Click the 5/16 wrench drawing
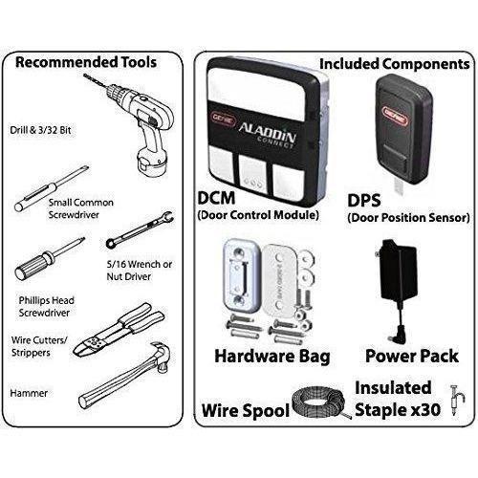click(141, 230)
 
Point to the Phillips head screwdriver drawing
click(50, 259)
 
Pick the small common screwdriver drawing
click(51, 189)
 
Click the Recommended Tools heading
click(86, 62)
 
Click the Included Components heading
click(395, 64)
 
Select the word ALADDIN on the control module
click(267, 131)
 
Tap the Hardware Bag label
click(272, 357)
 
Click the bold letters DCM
click(216, 198)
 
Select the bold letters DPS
click(364, 201)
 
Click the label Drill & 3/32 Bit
click(40, 130)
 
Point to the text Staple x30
click(398, 410)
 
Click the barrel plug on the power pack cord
click(395, 336)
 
